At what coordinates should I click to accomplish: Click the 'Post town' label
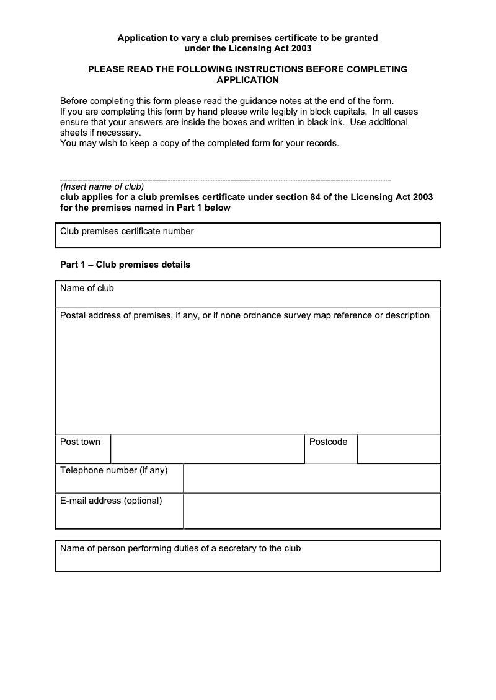[80, 442]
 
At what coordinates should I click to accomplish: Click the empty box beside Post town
[207, 448]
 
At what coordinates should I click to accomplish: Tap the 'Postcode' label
[328, 442]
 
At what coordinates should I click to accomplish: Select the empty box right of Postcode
[399, 448]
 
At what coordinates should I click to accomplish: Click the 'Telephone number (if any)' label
[114, 470]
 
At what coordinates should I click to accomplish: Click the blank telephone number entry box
[312, 478]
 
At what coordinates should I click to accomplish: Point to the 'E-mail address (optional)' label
[111, 501]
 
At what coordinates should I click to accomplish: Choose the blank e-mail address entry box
[312, 511]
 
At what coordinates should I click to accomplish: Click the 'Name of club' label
[87, 288]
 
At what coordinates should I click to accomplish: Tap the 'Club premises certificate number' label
[126, 231]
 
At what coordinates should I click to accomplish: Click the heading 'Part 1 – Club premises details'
[125, 265]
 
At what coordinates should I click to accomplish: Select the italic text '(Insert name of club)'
[102, 186]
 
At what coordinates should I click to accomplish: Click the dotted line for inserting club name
[225, 180]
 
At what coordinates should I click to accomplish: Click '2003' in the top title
[301, 48]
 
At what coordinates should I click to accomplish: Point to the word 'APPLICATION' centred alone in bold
[247, 80]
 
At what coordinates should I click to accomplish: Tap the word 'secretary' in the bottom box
[237, 548]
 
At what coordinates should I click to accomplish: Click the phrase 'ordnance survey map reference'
[316, 315]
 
